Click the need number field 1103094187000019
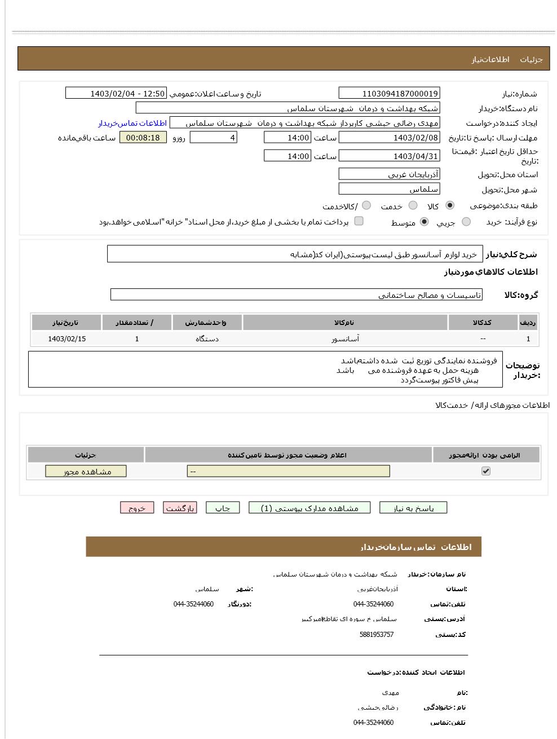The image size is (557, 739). coord(389,94)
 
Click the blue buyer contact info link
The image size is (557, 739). coord(132,123)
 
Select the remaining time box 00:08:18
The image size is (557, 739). coord(143,138)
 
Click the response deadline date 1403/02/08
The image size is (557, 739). coord(389,138)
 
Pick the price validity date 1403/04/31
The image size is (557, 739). coord(389,156)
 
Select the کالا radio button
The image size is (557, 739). coord(450,205)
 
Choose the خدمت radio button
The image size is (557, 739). coord(413,205)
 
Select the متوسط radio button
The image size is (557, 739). coord(425,222)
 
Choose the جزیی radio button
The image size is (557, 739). coord(466,222)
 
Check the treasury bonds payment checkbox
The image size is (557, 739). coord(359,221)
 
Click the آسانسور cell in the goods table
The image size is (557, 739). coord(345,339)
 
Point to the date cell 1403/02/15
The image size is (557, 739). coord(67,339)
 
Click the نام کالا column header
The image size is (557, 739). coord(345,323)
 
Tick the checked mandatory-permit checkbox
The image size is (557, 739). coord(486,471)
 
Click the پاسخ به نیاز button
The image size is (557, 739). coord(413,508)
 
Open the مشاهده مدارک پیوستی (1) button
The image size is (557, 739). coord(310,508)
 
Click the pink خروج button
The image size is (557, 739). coord(137,508)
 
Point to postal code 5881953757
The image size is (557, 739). coord(376,635)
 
